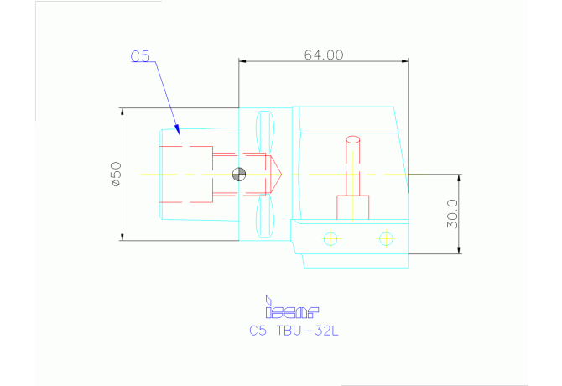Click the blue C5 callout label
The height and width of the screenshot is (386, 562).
point(140,57)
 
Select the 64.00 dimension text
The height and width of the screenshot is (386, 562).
point(324,55)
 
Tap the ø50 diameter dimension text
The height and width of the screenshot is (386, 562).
point(116,174)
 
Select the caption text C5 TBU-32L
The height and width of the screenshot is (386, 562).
point(294,331)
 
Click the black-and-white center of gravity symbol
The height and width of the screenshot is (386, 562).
point(239,175)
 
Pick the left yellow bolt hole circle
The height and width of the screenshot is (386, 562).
point(330,239)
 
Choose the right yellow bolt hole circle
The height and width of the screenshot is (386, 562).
point(386,239)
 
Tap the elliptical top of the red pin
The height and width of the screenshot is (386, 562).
point(353,140)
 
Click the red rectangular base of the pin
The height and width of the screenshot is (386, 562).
point(353,207)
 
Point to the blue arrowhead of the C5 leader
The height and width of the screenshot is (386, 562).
point(178,128)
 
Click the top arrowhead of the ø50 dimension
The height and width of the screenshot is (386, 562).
point(122,112)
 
